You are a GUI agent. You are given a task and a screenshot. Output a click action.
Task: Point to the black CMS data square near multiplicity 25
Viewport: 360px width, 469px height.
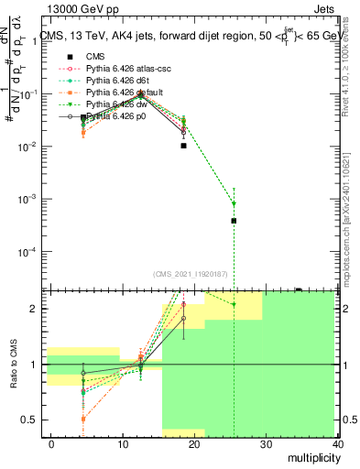tap(235, 221)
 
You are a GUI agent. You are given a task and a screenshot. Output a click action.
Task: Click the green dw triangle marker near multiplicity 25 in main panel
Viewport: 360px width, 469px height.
tap(235, 203)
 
